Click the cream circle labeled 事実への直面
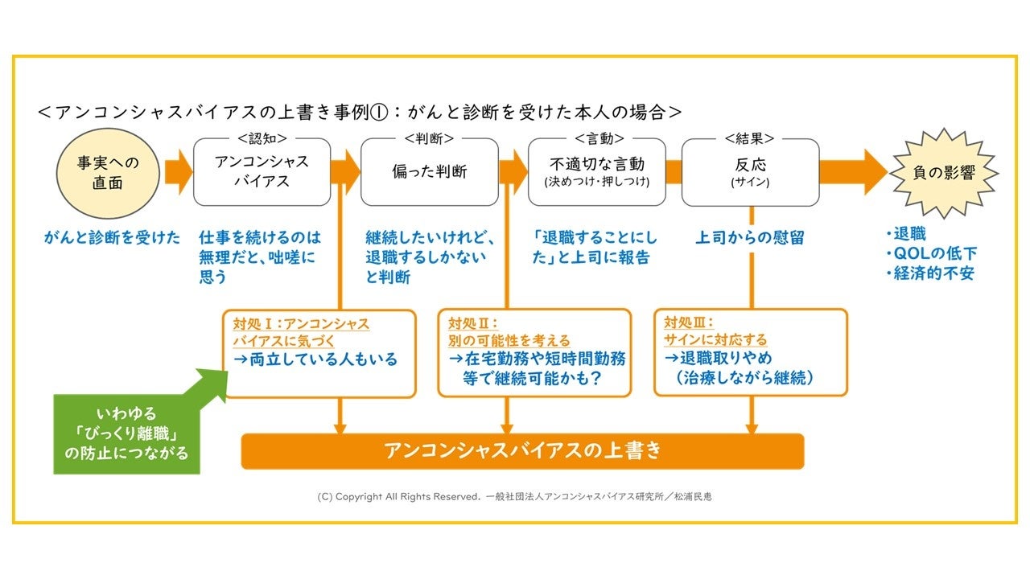pyautogui.click(x=108, y=172)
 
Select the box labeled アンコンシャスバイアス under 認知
pyautogui.click(x=262, y=171)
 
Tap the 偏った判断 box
pyautogui.click(x=429, y=171)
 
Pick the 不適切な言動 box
pyautogui.click(x=596, y=171)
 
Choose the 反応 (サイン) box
pyautogui.click(x=750, y=171)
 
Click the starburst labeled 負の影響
pyautogui.click(x=942, y=172)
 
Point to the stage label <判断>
pyautogui.click(x=429, y=138)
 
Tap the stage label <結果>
pyautogui.click(x=750, y=138)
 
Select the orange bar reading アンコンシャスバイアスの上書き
pyautogui.click(x=522, y=450)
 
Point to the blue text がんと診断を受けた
pyautogui.click(x=113, y=237)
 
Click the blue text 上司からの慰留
pyautogui.click(x=750, y=237)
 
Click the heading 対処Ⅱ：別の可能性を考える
pyautogui.click(x=509, y=332)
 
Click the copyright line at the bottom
pyautogui.click(x=514, y=497)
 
